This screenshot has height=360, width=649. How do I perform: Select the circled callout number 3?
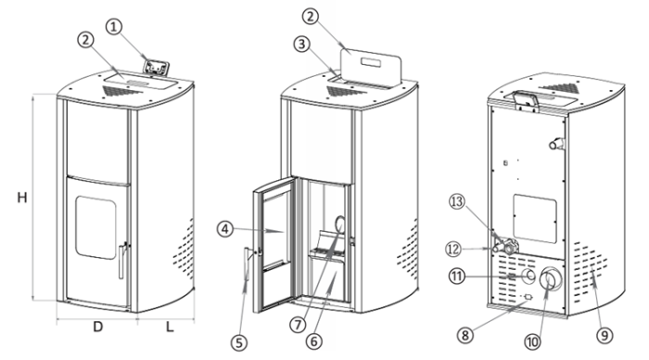click(302, 44)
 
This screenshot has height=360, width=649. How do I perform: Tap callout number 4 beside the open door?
click(225, 229)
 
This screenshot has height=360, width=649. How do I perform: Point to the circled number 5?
click(239, 342)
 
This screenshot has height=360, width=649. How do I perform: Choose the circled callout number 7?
click(298, 325)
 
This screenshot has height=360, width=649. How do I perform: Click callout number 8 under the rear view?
click(465, 335)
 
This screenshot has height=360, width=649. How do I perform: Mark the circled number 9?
click(604, 335)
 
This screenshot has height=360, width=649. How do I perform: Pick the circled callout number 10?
click(533, 341)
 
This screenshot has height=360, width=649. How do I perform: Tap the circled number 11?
click(457, 276)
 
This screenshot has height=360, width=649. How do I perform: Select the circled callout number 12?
click(453, 250)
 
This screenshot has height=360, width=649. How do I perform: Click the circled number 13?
click(457, 201)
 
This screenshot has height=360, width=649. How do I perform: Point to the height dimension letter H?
click(22, 198)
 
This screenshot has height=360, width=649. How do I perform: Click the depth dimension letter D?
click(97, 327)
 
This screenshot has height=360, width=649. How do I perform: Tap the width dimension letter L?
click(170, 327)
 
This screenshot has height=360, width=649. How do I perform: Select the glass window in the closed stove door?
click(95, 228)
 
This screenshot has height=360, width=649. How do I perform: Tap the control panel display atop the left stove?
click(156, 67)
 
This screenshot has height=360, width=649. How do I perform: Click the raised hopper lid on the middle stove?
click(371, 68)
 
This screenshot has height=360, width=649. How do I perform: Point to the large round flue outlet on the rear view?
click(551, 278)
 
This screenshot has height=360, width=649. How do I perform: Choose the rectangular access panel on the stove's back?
click(535, 219)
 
